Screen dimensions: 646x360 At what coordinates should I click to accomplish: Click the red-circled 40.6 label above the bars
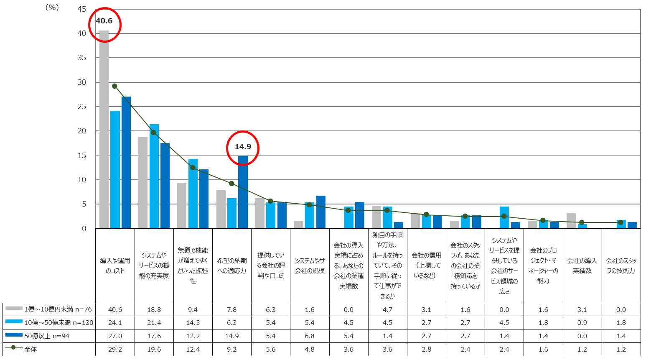[104, 21]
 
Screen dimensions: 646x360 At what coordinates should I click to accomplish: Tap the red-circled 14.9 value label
[243, 146]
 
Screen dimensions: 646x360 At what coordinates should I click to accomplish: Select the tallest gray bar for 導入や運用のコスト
[104, 129]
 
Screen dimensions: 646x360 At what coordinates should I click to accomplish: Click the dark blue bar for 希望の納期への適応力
[243, 192]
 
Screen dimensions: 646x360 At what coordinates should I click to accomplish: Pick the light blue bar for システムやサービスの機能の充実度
[154, 176]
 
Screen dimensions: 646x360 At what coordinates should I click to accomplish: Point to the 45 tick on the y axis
[82, 9]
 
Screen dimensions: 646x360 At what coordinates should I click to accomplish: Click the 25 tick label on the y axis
[82, 107]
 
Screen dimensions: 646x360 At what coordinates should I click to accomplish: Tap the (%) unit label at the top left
[52, 8]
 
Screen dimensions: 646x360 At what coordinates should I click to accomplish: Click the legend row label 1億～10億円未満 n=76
[58, 309]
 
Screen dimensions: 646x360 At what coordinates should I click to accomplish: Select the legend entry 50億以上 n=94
[47, 336]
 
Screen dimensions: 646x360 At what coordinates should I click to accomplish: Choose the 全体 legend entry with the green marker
[30, 349]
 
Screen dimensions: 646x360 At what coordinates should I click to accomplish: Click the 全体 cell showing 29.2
[115, 349]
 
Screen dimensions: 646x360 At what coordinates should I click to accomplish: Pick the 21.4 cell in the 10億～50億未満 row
[154, 322]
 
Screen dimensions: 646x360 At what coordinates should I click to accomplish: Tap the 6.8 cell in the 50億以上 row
[310, 336]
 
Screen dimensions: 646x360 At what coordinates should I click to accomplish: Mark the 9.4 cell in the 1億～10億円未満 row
[193, 309]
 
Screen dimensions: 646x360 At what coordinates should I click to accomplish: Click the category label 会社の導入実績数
[582, 266]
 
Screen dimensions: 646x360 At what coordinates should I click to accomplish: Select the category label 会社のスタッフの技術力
[621, 266]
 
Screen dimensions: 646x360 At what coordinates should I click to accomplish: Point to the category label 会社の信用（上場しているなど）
[427, 266]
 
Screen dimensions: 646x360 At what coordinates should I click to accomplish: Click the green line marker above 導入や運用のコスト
[114, 86]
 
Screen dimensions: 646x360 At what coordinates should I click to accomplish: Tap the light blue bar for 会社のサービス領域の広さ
[504, 217]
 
